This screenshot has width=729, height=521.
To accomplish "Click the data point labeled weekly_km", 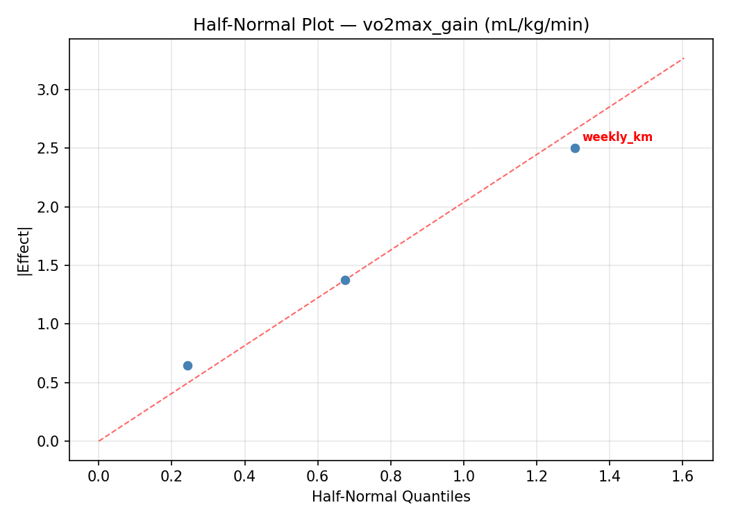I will (x=575, y=148).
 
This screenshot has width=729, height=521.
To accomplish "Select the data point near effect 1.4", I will (x=345, y=280).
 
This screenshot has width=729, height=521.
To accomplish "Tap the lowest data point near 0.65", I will (x=187, y=365).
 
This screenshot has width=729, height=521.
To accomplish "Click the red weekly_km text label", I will (x=617, y=138).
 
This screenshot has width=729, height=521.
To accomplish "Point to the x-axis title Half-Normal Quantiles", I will (x=391, y=497).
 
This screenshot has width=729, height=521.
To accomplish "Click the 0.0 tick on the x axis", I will (x=99, y=476).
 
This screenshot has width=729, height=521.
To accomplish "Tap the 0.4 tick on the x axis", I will (x=244, y=476).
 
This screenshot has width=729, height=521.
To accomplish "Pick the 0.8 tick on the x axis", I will (x=391, y=476).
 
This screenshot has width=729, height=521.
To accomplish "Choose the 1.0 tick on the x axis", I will (x=464, y=476).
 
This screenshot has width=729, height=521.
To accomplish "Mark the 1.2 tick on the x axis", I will (x=537, y=476).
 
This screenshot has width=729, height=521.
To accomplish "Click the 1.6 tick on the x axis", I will (x=682, y=476).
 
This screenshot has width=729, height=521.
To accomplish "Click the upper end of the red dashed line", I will (x=684, y=58).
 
